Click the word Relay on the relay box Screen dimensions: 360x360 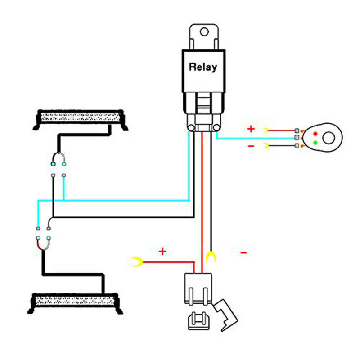coord(203,67)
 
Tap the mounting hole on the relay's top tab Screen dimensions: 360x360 coord(204,31)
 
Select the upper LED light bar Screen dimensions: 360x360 coord(81,120)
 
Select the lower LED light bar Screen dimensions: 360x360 coord(75,303)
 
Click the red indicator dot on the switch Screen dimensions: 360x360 coord(315,134)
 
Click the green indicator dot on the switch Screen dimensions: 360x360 coord(315,143)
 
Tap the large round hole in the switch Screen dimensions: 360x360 coord(328,138)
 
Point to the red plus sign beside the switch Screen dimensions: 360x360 coord(251,129)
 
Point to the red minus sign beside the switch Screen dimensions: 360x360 coord(251,146)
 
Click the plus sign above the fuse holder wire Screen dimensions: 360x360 coord(162,252)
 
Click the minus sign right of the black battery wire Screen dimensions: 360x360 coord(243,253)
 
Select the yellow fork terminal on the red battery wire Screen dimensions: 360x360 coord(137,262)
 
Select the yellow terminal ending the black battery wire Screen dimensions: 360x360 coord(211,257)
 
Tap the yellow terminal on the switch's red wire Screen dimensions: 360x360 coord(266,130)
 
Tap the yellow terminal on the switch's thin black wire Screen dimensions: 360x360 coord(266,145)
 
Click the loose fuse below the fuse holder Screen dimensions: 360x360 coord(199,320)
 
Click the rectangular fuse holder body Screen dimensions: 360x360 coord(198,289)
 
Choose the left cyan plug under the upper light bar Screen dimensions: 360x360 coord(53,164)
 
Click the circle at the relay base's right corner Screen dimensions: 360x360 coord(216,128)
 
